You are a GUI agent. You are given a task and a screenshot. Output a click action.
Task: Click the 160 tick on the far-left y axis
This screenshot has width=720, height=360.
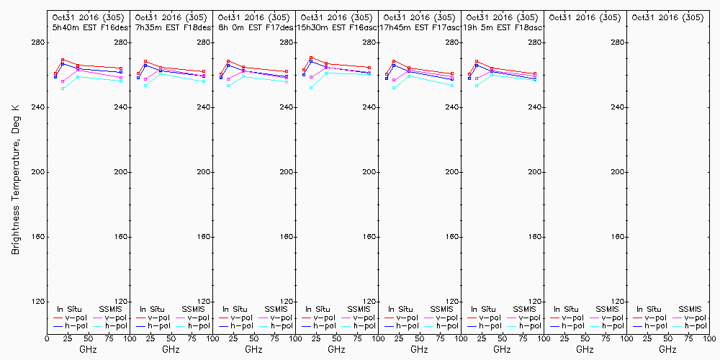point(37,237)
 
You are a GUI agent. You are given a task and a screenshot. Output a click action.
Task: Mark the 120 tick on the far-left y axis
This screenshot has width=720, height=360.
point(37,302)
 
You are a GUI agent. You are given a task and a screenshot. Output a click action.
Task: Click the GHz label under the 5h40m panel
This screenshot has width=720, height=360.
point(88,350)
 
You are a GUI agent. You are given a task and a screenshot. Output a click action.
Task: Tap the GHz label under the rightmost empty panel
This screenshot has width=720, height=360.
point(667,350)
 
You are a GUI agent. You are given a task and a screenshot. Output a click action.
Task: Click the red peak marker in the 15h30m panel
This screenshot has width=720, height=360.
point(311,58)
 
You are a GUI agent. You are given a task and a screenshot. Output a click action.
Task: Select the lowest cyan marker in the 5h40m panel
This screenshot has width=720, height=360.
point(63,89)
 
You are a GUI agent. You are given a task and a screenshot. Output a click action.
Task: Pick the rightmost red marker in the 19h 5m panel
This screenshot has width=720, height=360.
point(535,73)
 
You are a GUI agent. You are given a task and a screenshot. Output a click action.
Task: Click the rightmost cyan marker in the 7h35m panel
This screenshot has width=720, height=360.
point(204,81)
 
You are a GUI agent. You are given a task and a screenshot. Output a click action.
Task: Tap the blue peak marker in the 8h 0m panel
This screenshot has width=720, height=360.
point(228,66)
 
